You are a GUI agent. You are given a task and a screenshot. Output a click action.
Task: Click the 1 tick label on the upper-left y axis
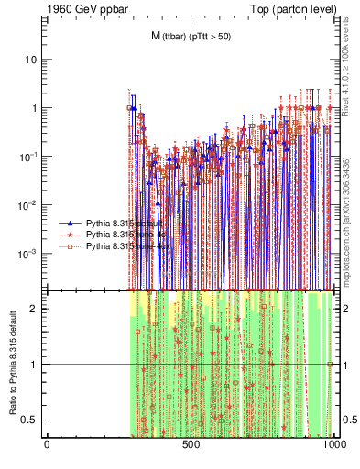click(x=36, y=108)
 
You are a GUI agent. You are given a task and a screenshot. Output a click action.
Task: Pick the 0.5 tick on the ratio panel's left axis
click(x=32, y=420)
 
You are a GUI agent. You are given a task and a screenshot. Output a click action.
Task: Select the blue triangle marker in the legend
click(x=70, y=223)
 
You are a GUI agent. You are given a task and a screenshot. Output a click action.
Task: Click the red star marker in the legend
click(x=70, y=234)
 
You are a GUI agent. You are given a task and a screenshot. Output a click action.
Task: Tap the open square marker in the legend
click(x=70, y=246)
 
